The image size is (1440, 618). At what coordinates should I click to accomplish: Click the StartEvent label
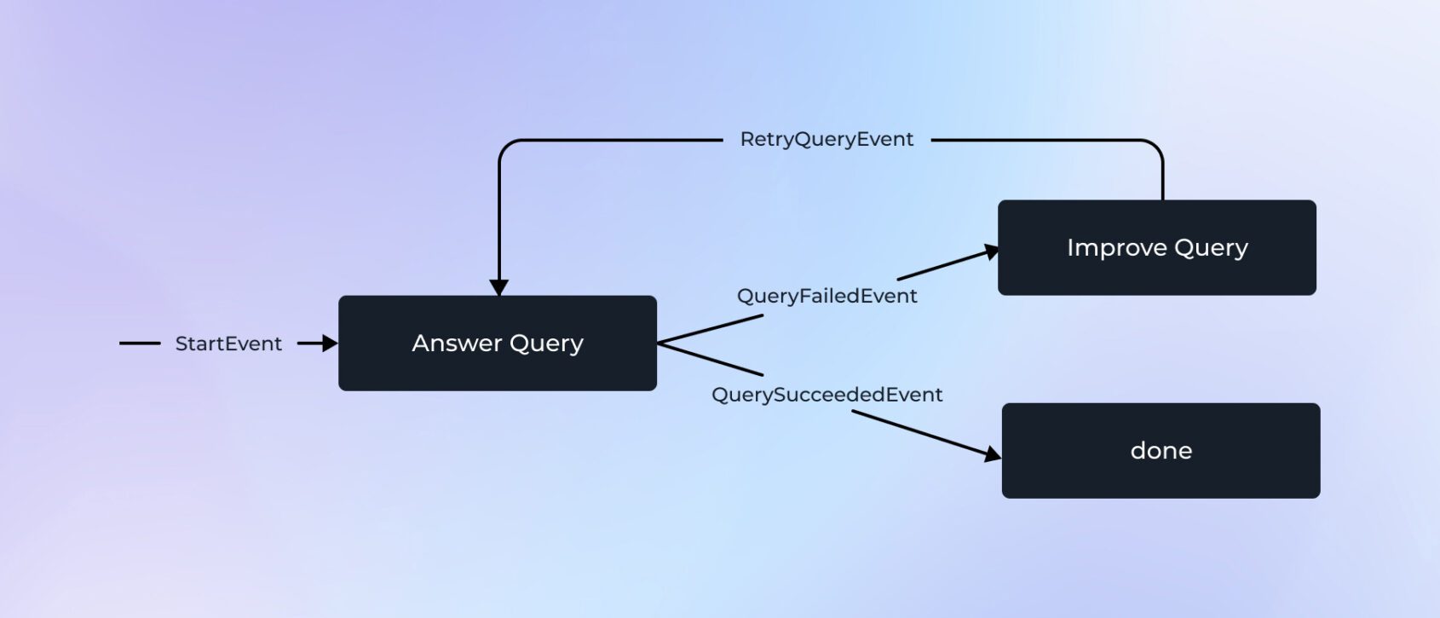pyautogui.click(x=228, y=344)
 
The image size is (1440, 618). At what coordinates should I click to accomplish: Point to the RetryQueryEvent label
pyautogui.click(x=827, y=139)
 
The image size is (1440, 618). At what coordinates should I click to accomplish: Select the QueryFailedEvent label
pyautogui.click(x=827, y=296)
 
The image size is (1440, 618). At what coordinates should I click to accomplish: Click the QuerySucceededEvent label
pyautogui.click(x=827, y=395)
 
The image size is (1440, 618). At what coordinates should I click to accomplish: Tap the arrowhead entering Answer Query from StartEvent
pyautogui.click(x=330, y=344)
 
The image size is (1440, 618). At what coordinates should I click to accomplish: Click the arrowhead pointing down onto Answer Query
pyautogui.click(x=499, y=287)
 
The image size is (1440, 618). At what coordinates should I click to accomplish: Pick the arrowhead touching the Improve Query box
pyautogui.click(x=991, y=251)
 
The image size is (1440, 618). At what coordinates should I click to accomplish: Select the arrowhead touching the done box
pyautogui.click(x=993, y=454)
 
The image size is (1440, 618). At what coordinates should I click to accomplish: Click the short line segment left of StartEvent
pyautogui.click(x=140, y=344)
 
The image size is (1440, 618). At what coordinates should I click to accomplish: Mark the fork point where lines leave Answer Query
pyautogui.click(x=660, y=343)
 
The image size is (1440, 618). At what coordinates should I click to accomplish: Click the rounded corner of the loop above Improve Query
pyautogui.click(x=1155, y=147)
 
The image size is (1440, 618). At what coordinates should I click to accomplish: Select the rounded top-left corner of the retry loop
pyautogui.click(x=506, y=147)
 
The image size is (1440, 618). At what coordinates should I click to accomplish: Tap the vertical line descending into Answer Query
pyautogui.click(x=499, y=222)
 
